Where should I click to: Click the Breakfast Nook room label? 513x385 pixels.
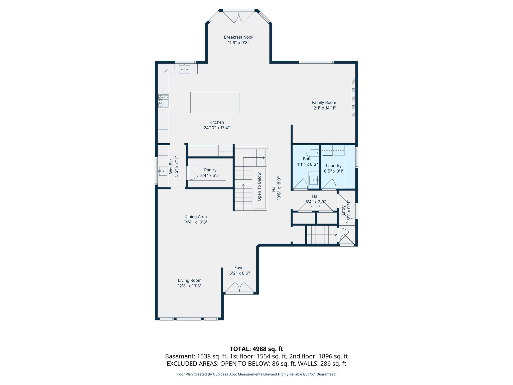238,37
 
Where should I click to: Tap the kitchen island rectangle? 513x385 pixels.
215,103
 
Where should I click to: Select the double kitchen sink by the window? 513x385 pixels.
184,69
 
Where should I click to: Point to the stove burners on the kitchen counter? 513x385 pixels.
163,101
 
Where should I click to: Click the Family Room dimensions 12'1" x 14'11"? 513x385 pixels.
324,108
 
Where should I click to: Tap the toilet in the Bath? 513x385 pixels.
312,153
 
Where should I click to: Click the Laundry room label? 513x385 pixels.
334,166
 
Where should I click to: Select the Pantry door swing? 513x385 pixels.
192,173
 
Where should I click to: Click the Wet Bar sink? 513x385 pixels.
163,171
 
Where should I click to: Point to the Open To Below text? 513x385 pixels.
260,187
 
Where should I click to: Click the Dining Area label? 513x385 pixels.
196,217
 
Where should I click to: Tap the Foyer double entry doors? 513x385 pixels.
239,287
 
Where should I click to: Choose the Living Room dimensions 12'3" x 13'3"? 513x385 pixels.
190,286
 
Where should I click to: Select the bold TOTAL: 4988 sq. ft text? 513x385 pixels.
256,349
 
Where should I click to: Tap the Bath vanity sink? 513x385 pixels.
313,180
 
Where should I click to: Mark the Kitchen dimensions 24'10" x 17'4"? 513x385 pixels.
217,128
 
